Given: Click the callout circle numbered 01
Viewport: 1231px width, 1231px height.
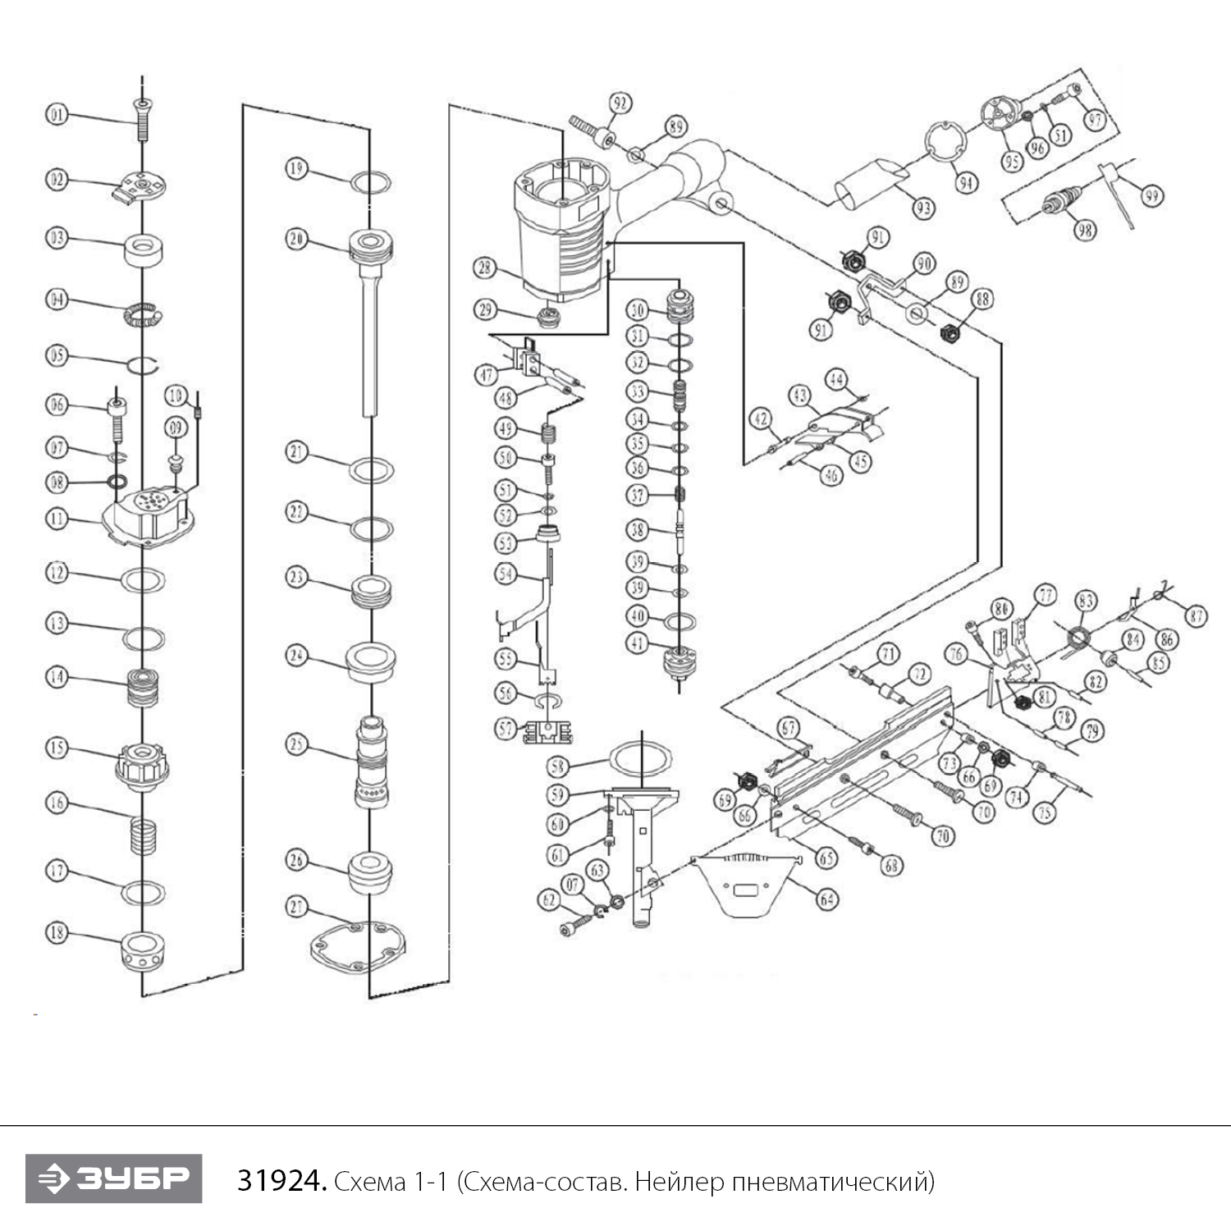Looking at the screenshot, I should click(x=56, y=114).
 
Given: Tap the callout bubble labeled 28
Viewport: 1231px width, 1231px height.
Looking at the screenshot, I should click(x=485, y=267).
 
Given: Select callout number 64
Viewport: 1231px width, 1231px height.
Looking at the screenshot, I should click(x=826, y=899).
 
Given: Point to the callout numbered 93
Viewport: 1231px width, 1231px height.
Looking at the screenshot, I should click(x=924, y=208).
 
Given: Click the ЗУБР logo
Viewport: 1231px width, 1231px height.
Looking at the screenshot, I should click(x=113, y=1178).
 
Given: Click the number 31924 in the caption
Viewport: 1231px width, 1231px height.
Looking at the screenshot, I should click(x=282, y=1182).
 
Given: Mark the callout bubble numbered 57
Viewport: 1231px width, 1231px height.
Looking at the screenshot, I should click(x=506, y=728).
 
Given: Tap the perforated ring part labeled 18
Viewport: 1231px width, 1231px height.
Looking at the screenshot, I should click(x=144, y=950).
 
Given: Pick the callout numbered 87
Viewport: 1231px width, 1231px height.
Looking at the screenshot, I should click(x=1196, y=615).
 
